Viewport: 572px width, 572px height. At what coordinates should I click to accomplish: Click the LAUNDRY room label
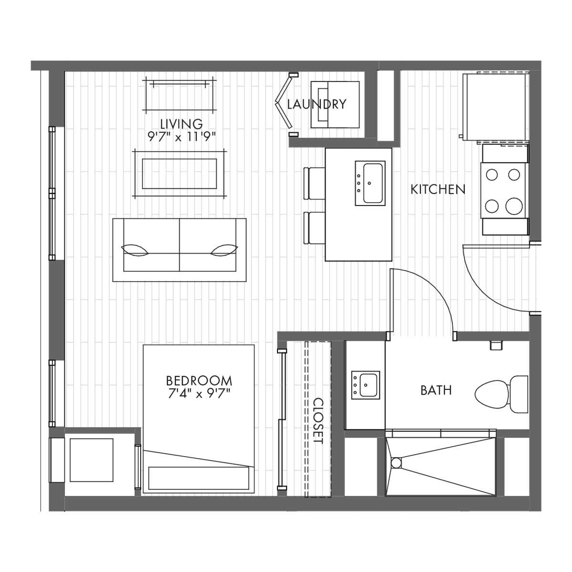click(x=317, y=104)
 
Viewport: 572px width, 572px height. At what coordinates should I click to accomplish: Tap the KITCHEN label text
click(x=438, y=189)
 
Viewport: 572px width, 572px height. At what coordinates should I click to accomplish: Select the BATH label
click(x=436, y=390)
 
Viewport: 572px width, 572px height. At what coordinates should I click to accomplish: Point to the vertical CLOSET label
click(x=318, y=420)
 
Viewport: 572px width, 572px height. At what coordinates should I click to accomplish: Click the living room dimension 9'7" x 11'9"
click(x=181, y=137)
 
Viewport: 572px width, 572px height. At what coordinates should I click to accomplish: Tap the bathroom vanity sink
click(x=366, y=385)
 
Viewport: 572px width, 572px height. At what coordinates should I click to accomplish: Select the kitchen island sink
click(x=370, y=183)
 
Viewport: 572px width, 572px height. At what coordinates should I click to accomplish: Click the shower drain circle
click(x=396, y=463)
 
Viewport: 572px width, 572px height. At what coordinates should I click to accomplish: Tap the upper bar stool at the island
click(x=314, y=184)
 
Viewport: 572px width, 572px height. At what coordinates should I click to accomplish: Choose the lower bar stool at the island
click(x=314, y=228)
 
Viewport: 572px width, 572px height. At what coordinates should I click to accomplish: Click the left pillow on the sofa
click(x=135, y=250)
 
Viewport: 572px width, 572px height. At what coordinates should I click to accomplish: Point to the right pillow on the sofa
click(x=224, y=250)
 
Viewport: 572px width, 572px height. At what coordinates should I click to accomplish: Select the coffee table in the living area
click(x=179, y=174)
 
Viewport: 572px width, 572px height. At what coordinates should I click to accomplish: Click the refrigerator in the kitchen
click(x=495, y=107)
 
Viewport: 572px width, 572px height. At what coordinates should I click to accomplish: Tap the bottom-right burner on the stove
click(x=514, y=206)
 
